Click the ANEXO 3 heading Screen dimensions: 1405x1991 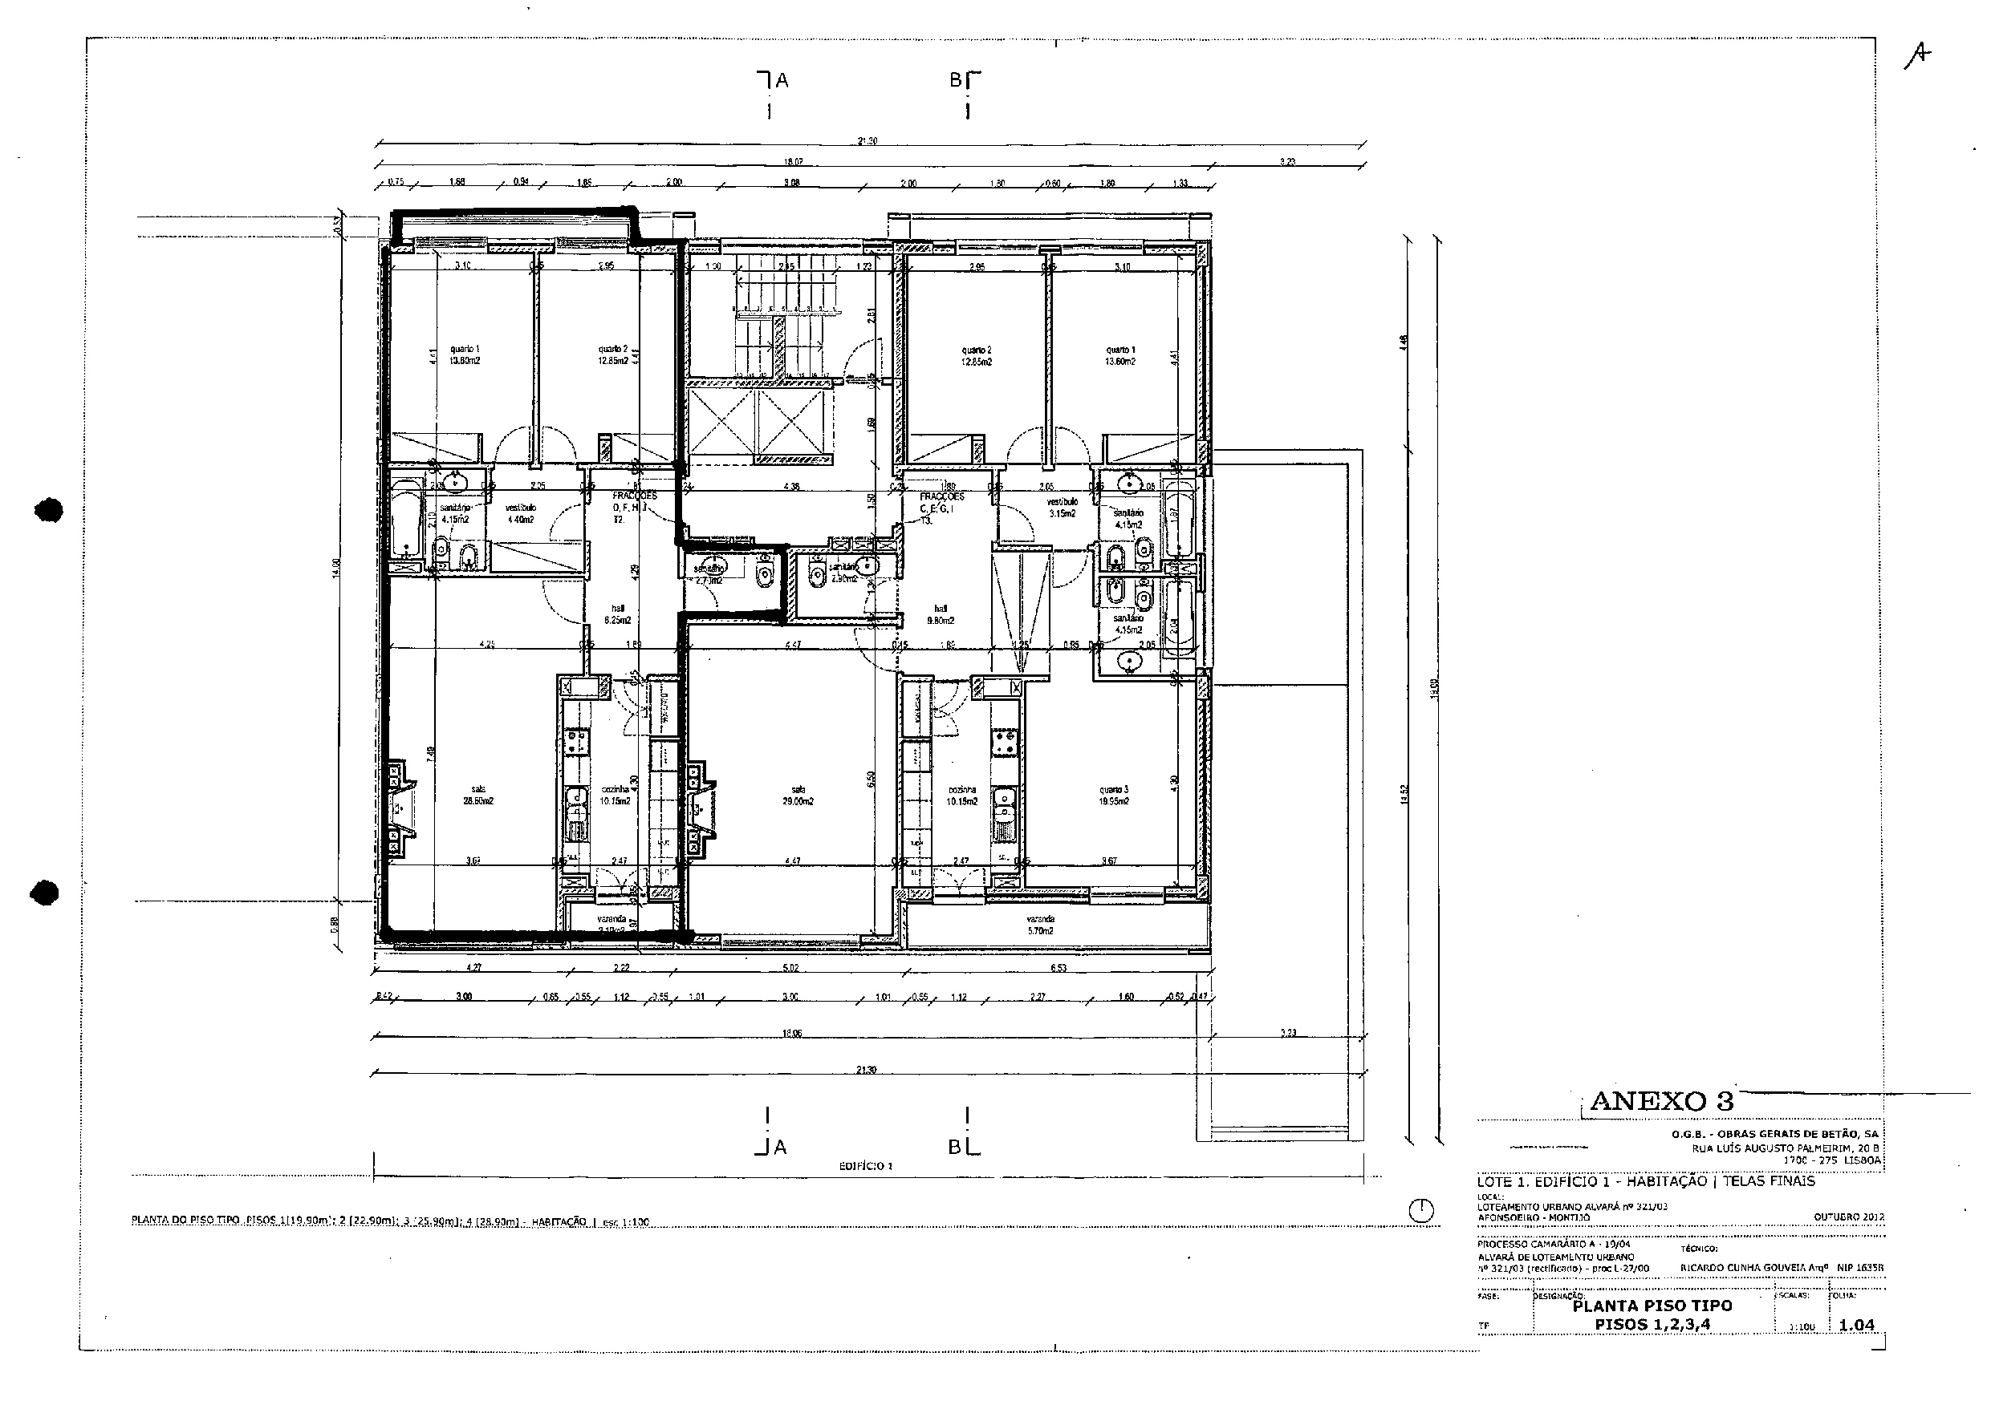(1661, 1101)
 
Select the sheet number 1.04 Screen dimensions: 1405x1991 (1857, 1326)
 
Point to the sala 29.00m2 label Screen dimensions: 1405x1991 (798, 796)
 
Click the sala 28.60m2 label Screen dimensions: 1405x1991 (477, 795)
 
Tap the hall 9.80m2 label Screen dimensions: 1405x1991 (940, 614)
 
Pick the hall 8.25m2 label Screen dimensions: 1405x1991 (617, 614)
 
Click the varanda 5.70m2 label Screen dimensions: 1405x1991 (1040, 925)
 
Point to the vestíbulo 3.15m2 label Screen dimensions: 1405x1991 (1062, 508)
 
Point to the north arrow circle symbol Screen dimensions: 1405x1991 (1420, 1211)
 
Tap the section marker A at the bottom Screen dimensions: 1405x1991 (779, 1148)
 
